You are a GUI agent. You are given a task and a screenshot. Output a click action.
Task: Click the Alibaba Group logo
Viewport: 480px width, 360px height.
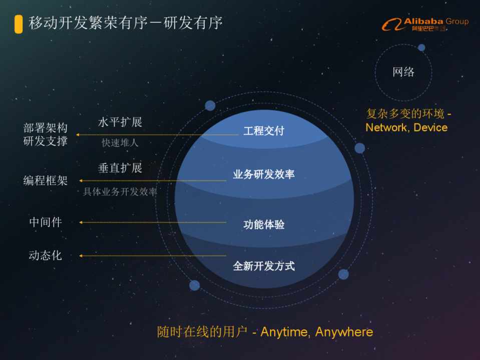[425, 24]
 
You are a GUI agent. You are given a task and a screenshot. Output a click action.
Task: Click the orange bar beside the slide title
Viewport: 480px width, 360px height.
[19, 24]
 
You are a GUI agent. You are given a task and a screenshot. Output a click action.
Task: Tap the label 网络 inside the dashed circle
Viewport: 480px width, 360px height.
[403, 72]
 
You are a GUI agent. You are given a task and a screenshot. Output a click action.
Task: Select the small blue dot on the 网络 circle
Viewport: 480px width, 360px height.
[421, 47]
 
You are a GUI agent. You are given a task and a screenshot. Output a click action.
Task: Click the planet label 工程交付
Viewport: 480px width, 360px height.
[264, 131]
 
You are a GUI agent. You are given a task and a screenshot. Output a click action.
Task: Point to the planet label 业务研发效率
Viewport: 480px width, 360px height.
[264, 174]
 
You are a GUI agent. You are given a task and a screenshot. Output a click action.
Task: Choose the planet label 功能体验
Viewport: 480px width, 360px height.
[264, 224]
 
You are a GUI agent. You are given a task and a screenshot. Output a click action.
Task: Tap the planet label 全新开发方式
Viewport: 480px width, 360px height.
[264, 266]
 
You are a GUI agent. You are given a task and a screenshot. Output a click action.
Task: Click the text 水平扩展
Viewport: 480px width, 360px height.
[120, 122]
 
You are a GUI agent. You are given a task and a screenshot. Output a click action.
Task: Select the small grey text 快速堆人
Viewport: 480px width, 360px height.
[120, 142]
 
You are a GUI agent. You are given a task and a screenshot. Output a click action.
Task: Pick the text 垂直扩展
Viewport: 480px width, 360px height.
[120, 168]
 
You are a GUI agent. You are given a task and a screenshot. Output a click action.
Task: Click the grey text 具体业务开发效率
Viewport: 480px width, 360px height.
[120, 192]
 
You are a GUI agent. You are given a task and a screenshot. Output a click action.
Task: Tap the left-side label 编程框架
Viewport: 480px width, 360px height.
[46, 180]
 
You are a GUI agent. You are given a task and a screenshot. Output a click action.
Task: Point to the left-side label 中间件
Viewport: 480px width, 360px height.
[46, 222]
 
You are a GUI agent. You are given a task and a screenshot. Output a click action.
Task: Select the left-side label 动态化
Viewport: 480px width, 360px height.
[46, 255]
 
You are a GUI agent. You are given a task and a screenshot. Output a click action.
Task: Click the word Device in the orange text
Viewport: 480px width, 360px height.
[430, 127]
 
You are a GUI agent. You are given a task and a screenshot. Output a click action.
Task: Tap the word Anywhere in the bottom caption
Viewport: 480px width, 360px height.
[344, 332]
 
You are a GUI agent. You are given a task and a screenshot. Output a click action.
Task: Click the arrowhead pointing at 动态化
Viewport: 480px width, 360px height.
[81, 255]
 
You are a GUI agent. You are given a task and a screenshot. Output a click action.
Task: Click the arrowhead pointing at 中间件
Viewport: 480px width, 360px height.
[81, 222]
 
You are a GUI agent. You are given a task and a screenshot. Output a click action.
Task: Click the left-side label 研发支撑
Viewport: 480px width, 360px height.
[46, 141]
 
